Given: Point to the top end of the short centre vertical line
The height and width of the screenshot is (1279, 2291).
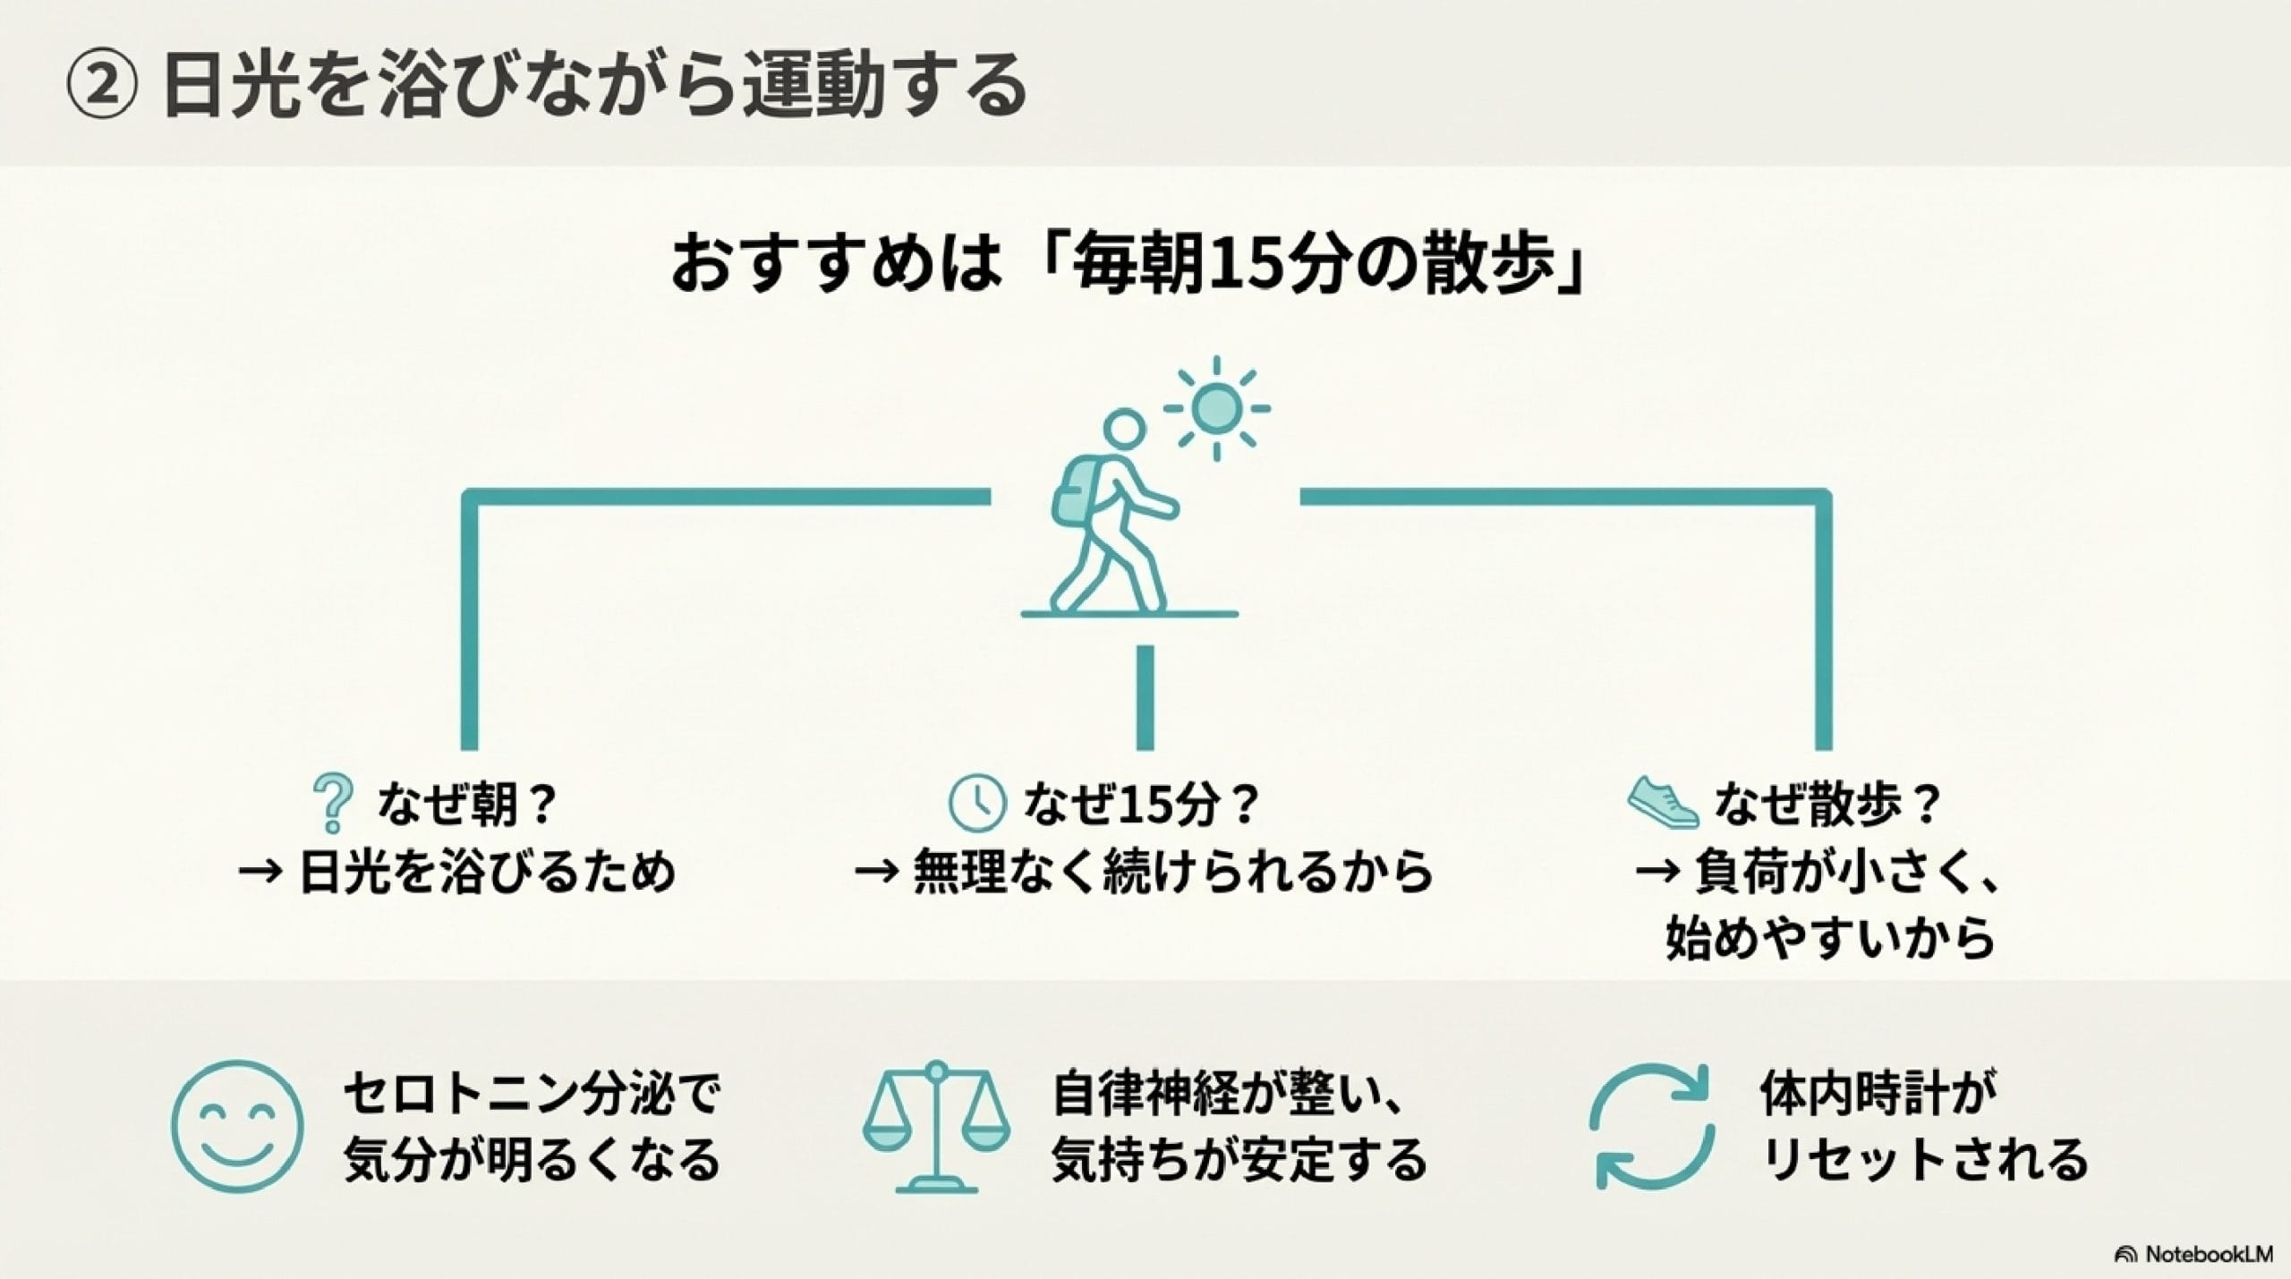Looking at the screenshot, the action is (x=1145, y=646).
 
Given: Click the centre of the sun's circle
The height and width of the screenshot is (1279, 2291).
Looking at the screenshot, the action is (x=1216, y=408).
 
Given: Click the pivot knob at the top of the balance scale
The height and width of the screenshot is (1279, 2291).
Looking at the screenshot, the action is (x=937, y=1070).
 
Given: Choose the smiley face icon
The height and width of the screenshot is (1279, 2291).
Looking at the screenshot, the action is (x=237, y=1126).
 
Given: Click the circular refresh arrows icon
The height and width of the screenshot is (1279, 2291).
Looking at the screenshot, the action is (x=1653, y=1126).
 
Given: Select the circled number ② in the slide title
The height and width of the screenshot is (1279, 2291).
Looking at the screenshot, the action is (x=103, y=86).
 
